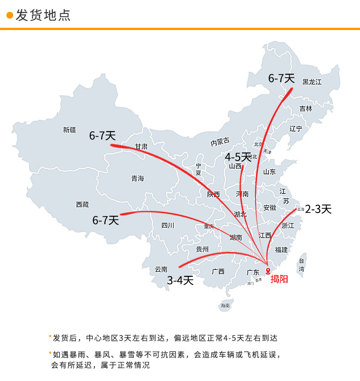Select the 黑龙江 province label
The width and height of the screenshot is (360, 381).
tap(312, 82)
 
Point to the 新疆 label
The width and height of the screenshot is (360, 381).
tap(70, 130)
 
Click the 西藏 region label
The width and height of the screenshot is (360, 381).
tap(82, 205)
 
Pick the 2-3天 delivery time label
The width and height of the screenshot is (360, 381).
tap(318, 209)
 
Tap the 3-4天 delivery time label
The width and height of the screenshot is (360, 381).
tap(180, 280)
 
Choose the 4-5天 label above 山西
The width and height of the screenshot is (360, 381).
tap(238, 157)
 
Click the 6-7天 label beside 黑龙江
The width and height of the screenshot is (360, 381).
tap(281, 78)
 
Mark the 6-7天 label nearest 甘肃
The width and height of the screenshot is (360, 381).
tap(103, 136)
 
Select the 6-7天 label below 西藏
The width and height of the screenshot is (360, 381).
tap(106, 221)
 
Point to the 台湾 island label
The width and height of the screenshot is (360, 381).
tap(302, 265)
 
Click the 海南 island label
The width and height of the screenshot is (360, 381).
tap(225, 305)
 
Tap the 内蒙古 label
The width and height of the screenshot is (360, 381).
tap(220, 142)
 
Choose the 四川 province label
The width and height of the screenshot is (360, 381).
tap(168, 225)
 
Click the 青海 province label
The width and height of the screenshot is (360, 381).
tap(138, 178)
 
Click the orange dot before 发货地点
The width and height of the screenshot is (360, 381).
tap(9, 15)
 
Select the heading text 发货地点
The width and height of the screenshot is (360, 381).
tap(43, 15)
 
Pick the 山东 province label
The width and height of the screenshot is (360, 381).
tap(269, 172)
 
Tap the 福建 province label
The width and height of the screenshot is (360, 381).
tap(281, 249)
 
